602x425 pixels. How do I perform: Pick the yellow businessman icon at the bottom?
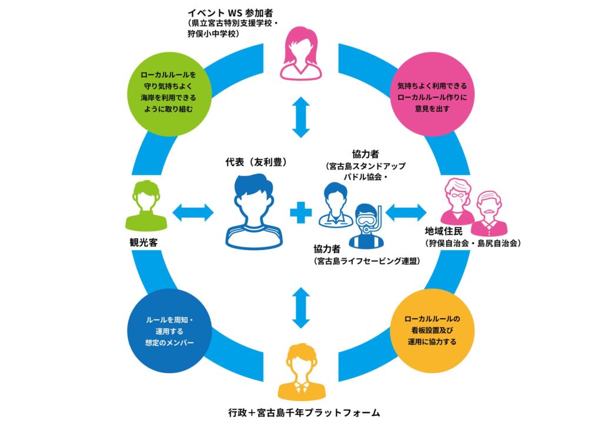300,371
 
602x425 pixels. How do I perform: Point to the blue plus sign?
300,211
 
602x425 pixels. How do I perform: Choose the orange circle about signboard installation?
432,332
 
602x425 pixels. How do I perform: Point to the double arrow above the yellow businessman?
300,307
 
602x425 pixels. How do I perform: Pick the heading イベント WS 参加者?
223,12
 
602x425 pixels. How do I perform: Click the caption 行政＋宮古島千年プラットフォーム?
300,412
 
